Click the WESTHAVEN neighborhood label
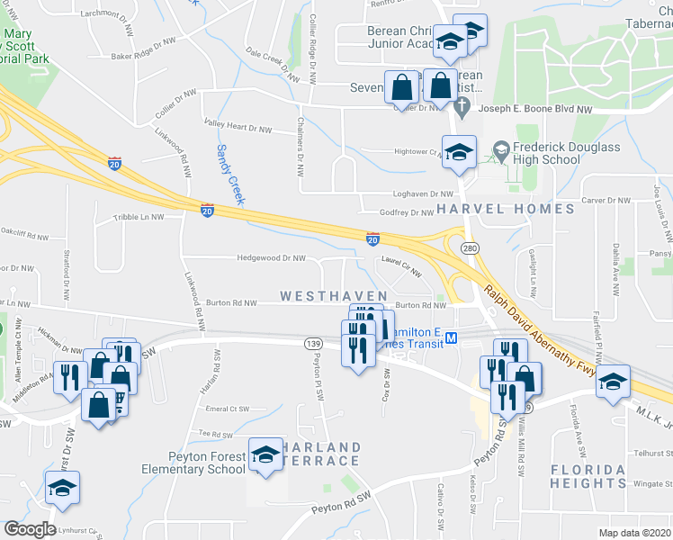[334, 296]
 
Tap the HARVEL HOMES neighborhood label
[506, 209]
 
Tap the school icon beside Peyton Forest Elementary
[265, 456]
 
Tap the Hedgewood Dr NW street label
[271, 257]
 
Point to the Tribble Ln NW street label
[139, 217]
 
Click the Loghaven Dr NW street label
[421, 193]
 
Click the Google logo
[30, 529]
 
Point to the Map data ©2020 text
[634, 533]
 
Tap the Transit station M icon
[453, 338]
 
